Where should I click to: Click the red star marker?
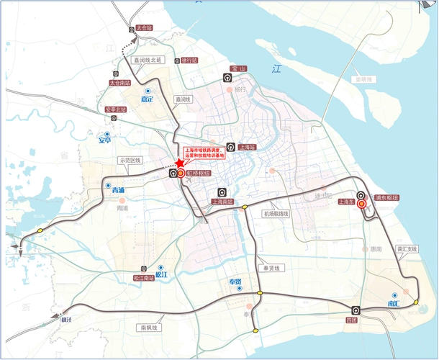(180, 163)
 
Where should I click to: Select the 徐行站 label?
(189, 60)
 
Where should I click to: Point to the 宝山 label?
(238, 68)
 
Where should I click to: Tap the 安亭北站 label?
(116, 109)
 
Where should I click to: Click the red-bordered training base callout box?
(205, 153)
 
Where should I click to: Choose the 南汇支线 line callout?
(407, 248)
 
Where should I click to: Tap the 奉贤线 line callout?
(275, 268)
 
